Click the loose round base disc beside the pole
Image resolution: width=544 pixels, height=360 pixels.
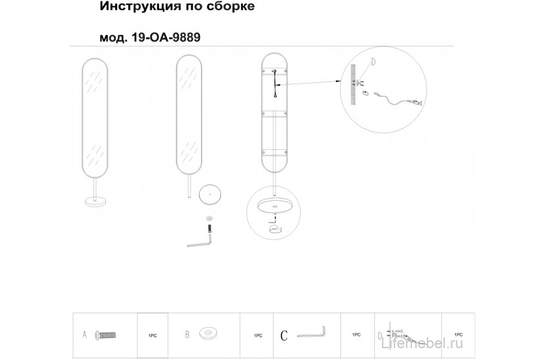[210, 193]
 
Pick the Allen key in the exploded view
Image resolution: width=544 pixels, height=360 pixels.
[200, 241]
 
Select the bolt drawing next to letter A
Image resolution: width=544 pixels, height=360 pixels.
[106, 335]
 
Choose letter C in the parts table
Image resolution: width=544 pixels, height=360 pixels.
[284, 335]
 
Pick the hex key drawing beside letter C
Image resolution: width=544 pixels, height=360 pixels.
[312, 333]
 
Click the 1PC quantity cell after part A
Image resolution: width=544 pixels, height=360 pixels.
[152, 335]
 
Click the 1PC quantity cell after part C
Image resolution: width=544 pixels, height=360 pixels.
[357, 334]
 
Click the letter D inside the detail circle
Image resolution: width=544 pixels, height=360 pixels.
[373, 62]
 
